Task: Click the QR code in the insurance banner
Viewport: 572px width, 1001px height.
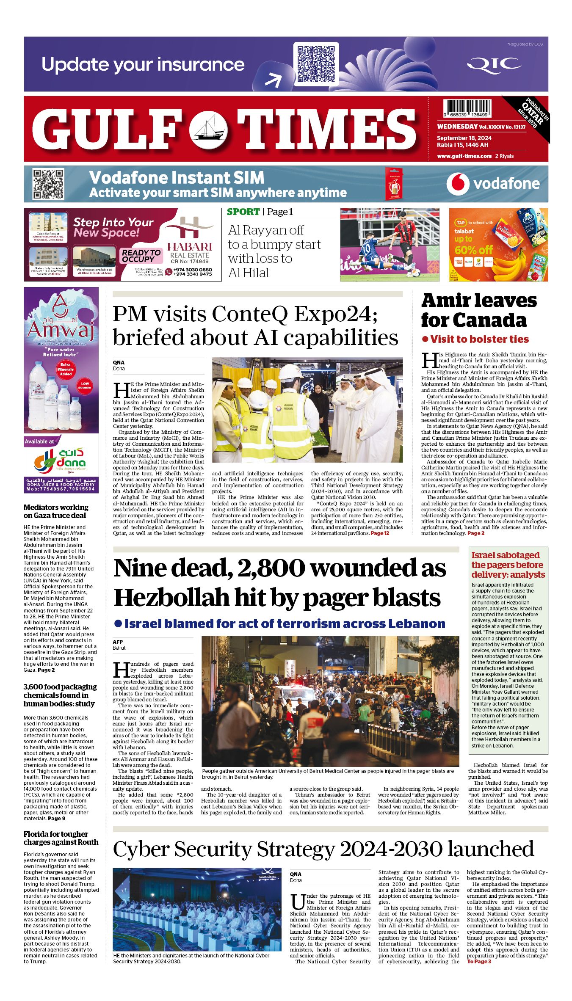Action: [x=316, y=64]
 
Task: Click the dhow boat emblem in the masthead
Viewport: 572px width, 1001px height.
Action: [x=208, y=129]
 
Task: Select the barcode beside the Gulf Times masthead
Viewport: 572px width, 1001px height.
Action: [x=467, y=109]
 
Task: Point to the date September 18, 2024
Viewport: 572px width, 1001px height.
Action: [x=464, y=138]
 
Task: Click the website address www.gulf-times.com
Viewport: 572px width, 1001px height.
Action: [x=464, y=156]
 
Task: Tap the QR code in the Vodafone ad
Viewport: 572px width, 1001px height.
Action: [x=48, y=184]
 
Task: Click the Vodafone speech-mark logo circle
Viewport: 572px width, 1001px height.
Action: [x=458, y=184]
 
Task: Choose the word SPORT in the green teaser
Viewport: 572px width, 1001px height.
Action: [x=243, y=212]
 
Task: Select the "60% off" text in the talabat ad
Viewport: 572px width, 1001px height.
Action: [x=473, y=250]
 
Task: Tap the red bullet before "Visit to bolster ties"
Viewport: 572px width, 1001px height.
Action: [x=425, y=339]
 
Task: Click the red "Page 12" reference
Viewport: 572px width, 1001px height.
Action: [x=380, y=533]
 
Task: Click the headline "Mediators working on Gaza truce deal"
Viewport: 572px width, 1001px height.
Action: [x=56, y=511]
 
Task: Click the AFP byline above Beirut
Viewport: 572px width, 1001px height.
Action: [x=118, y=642]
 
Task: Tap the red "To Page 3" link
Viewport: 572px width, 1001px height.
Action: [x=479, y=962]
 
